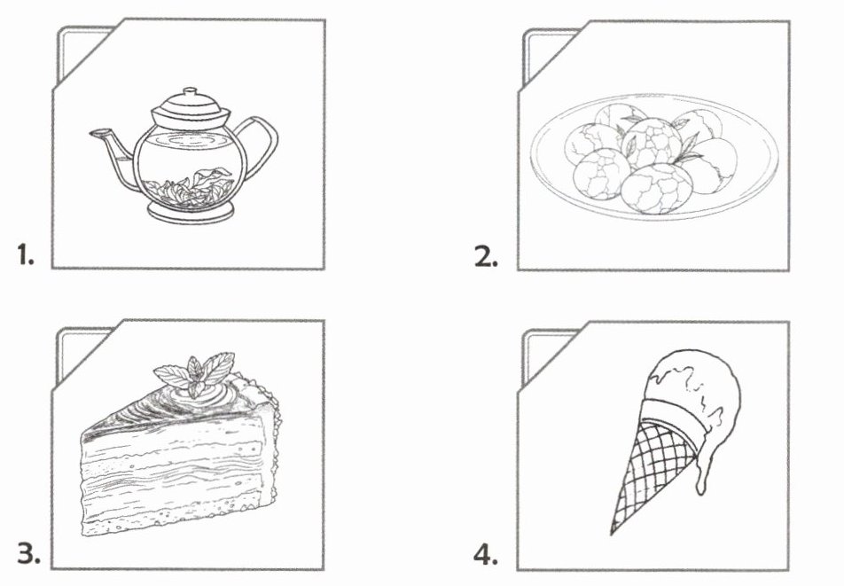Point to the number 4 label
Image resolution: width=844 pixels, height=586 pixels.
coord(486,555)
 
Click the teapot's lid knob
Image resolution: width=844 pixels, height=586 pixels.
coord(191,92)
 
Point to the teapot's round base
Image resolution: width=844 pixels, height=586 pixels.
coord(191,213)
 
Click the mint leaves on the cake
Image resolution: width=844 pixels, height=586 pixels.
coord(195,371)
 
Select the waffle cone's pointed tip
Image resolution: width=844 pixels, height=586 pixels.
coord(612,534)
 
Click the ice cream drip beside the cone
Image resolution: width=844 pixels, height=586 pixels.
coord(700,473)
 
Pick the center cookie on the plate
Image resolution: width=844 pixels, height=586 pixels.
coord(652,143)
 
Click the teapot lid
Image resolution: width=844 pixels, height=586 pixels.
coord(191,109)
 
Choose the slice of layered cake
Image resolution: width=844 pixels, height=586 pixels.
coord(180,446)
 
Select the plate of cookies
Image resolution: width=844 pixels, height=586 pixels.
coord(653,155)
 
